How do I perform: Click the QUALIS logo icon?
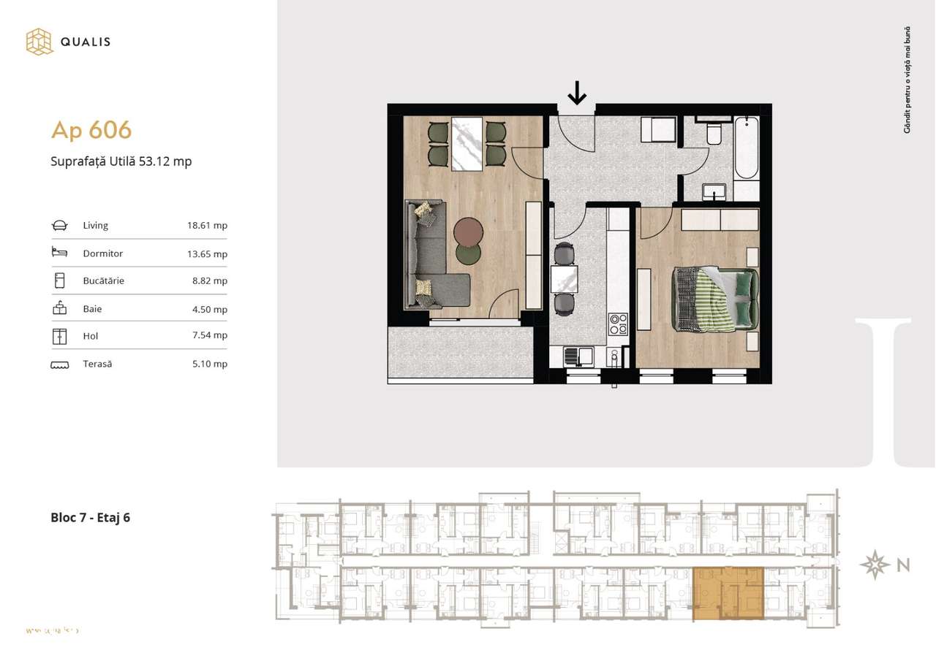[39, 42]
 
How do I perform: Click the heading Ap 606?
[91, 130]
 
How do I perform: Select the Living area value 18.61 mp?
[207, 226]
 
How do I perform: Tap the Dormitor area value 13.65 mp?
[207, 254]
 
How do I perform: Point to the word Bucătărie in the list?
[104, 280]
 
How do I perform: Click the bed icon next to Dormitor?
[59, 253]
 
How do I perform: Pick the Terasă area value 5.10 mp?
[209, 364]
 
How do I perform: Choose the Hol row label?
[91, 336]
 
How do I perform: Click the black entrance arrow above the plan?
[577, 93]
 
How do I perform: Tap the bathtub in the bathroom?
[747, 148]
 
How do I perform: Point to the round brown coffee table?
[469, 233]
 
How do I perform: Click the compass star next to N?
[875, 565]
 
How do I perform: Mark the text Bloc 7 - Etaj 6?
[91, 518]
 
